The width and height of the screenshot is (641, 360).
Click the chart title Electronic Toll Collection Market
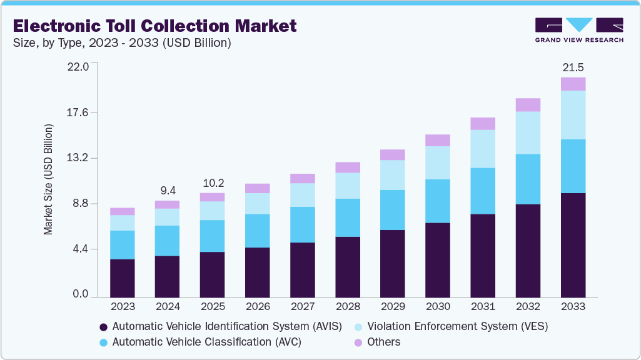coord(154,26)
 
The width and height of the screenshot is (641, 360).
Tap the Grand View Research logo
coord(578,29)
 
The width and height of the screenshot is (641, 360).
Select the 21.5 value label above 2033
coord(573,67)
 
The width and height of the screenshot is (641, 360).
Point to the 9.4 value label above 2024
coord(167,190)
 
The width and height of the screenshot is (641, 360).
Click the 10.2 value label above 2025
coord(212,183)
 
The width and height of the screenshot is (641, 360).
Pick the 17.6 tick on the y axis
coord(80,112)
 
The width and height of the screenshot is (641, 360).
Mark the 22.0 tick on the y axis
coord(80,66)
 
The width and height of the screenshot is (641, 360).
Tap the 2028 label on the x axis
coord(348,307)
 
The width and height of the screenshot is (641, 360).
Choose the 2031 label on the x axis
coord(483,307)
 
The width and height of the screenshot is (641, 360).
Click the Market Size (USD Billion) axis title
coord(48,180)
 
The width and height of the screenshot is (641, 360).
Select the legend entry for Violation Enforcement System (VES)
coord(457,326)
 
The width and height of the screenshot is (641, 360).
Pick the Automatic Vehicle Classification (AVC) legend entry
coord(206,342)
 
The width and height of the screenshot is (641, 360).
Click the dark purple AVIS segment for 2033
coord(573,245)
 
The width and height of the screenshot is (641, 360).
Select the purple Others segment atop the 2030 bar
coord(438,140)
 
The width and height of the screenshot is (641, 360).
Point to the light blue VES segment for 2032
coord(528,132)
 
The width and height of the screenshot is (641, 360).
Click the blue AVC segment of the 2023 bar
coord(122,245)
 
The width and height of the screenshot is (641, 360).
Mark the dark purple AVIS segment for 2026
coord(257,272)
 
